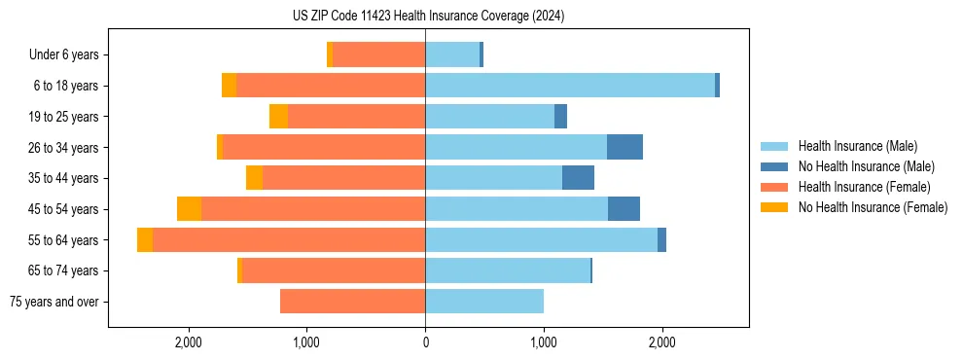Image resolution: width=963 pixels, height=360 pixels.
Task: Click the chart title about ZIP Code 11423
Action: (x=428, y=17)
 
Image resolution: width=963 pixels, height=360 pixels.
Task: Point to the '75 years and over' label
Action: (x=53, y=302)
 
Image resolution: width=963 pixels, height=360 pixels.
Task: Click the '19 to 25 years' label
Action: (x=58, y=117)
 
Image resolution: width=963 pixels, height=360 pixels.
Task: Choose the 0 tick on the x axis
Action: (x=425, y=342)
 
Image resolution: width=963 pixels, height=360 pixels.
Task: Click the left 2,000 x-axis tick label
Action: (x=188, y=342)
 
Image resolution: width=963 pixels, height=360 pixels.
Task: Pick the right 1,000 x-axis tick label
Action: (x=544, y=342)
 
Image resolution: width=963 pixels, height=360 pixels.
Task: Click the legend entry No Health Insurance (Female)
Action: (x=873, y=207)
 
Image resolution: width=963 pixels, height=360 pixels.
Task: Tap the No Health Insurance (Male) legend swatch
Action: (x=775, y=166)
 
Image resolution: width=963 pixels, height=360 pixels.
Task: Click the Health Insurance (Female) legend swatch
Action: (x=775, y=187)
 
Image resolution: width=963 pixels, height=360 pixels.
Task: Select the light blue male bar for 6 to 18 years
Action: (x=569, y=86)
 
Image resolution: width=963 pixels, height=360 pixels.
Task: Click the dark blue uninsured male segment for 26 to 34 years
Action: (x=624, y=147)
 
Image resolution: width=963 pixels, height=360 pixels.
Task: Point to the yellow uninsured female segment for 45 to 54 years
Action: (x=189, y=209)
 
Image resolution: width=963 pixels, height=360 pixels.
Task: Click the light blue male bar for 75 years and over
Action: (x=484, y=302)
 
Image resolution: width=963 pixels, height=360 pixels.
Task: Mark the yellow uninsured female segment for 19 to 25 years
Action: (x=278, y=117)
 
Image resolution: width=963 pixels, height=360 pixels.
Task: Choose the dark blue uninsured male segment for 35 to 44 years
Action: (x=578, y=178)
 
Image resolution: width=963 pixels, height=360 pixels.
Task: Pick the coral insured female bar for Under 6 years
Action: (x=379, y=55)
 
